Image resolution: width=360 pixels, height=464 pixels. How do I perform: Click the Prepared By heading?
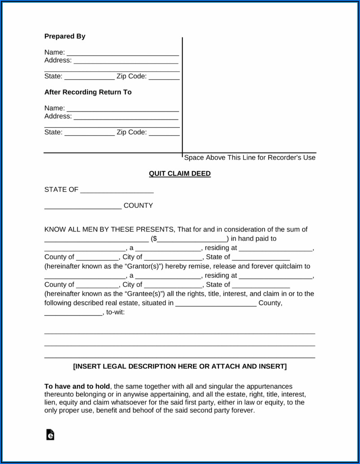click(x=65, y=36)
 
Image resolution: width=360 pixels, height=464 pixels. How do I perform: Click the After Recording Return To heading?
click(x=88, y=92)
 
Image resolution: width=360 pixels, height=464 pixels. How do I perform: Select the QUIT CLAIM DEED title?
click(x=180, y=174)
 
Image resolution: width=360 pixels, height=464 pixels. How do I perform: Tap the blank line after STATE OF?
click(x=117, y=190)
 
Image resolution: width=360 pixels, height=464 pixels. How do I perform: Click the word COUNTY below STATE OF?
click(x=138, y=206)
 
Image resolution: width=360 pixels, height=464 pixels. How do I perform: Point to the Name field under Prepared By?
click(x=122, y=53)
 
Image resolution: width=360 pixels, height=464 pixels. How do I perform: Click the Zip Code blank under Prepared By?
click(x=164, y=77)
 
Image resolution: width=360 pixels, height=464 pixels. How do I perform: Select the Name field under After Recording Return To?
click(x=122, y=109)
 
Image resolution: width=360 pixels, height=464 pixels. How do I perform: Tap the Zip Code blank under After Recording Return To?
click(x=164, y=133)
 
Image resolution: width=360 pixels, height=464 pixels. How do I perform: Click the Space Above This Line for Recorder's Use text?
click(x=250, y=158)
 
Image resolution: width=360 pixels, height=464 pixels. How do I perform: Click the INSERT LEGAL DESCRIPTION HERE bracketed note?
click(x=179, y=366)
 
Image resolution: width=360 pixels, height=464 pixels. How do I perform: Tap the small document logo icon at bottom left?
click(x=50, y=434)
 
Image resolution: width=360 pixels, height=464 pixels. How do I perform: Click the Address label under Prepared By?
click(x=57, y=60)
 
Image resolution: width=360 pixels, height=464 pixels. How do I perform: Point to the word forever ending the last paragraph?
click(x=243, y=410)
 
